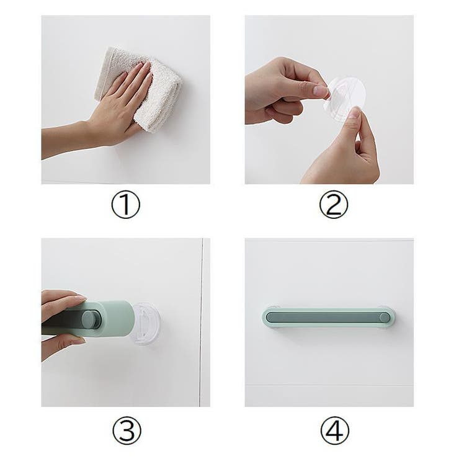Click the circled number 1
click(x=125, y=204)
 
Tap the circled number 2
click(x=334, y=204)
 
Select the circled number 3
click(x=127, y=430)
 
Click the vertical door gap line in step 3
click(x=202, y=323)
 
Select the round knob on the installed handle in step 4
click(x=385, y=317)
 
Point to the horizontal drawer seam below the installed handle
click(x=329, y=385)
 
